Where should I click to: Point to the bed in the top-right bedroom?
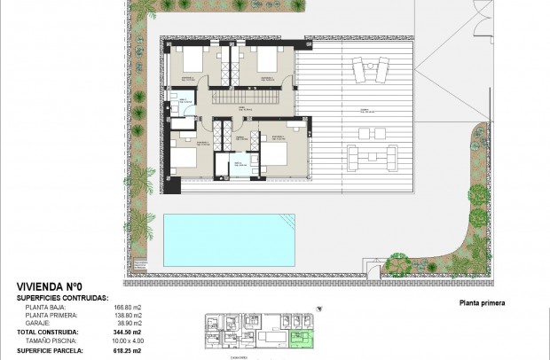tap(263, 62)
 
